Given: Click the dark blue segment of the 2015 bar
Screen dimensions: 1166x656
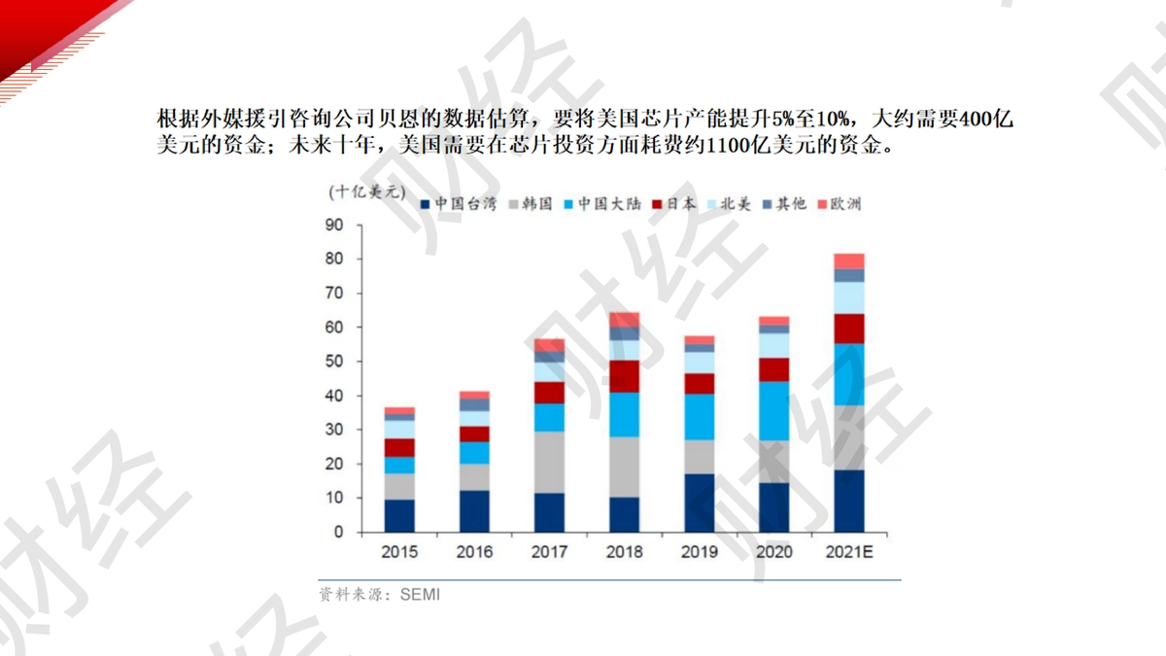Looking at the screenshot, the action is point(399,515).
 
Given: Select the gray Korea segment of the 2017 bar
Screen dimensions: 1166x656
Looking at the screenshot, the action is point(549,463).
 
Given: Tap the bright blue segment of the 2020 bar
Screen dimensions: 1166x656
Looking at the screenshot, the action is point(774,411).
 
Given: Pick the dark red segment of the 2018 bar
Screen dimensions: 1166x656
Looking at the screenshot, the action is point(624,376).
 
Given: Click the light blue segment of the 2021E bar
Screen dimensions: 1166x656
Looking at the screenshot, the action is point(849,297).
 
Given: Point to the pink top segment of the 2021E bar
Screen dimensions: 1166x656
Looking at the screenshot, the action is point(849,261).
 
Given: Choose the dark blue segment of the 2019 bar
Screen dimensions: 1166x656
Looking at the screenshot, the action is point(699,503).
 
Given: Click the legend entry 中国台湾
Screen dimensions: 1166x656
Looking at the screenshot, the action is point(459,203).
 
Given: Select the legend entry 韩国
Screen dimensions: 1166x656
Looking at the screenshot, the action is point(531,203).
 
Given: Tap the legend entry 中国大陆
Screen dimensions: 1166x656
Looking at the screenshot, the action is point(602,203).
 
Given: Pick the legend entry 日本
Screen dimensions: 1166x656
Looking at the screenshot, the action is point(674,203).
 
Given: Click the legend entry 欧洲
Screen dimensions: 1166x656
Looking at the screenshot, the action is point(840,203).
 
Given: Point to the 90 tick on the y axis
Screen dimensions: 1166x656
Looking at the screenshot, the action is point(334,224).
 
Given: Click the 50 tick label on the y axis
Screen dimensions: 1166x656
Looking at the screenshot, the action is point(334,362).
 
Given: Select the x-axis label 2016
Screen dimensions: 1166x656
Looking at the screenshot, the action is point(474,552).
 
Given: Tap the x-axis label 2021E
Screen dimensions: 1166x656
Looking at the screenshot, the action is point(849,552).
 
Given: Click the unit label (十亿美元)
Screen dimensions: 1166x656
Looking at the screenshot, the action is point(367,192).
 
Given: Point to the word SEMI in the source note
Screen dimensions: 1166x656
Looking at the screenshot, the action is point(420,595).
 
